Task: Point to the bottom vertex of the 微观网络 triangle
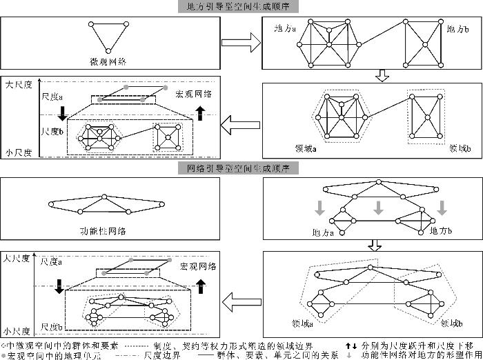click(108, 50)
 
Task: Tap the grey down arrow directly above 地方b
click(442, 207)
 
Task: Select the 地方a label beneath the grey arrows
click(322, 232)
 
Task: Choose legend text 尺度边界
click(164, 355)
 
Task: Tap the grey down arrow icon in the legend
click(350, 355)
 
